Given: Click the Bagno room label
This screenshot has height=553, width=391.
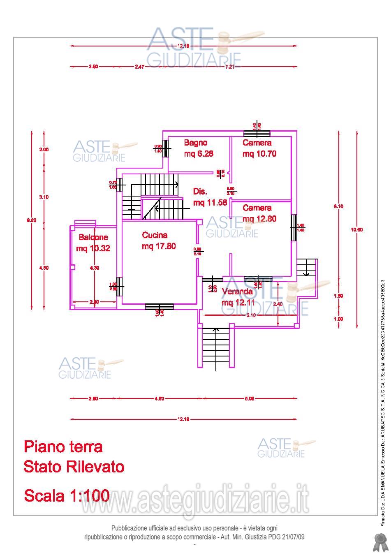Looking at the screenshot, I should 196,143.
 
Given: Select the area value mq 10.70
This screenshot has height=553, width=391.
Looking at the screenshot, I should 259,154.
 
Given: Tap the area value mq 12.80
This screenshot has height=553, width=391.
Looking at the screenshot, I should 259,219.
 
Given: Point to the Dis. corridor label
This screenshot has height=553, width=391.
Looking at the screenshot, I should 200,192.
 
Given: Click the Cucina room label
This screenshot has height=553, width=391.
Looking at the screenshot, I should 155,235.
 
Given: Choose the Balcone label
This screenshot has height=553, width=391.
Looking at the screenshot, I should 93,237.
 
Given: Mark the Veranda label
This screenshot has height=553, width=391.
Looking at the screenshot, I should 237,292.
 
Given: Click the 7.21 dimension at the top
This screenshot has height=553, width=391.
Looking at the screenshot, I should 229,67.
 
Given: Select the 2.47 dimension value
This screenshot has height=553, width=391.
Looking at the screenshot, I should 140,67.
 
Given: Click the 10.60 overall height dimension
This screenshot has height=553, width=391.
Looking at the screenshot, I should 356,230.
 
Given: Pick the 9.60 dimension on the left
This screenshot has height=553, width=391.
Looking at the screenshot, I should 32,220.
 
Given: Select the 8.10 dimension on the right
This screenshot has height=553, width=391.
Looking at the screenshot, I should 338,206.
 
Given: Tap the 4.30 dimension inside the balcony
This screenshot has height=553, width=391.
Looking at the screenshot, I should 95,268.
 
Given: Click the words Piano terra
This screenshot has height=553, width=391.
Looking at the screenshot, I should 63,447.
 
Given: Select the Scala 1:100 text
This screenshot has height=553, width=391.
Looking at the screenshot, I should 67,495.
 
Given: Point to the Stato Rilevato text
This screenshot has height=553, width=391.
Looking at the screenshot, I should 74,467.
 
